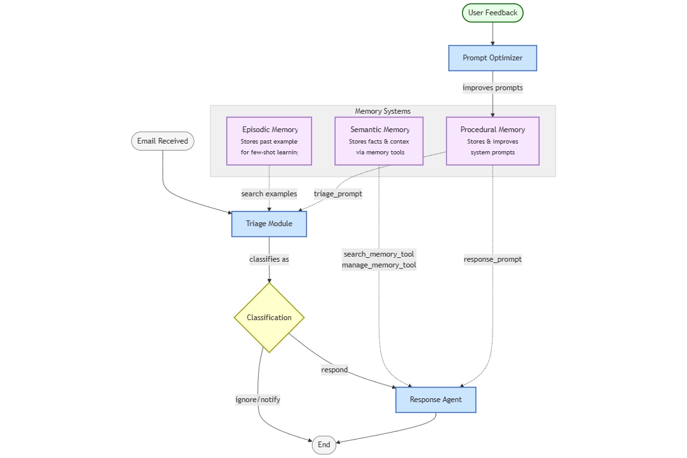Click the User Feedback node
click(x=493, y=13)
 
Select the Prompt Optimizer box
click(x=493, y=58)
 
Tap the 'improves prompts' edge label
click(x=493, y=88)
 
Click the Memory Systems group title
click(x=383, y=111)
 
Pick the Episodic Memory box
click(x=269, y=141)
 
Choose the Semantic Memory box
click(x=379, y=141)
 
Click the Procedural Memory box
click(x=493, y=141)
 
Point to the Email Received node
click(x=163, y=141)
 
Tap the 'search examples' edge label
click(x=269, y=194)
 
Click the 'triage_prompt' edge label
click(x=338, y=194)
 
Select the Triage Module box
click(x=269, y=224)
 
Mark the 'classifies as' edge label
click(x=269, y=259)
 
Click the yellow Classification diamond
click(x=269, y=318)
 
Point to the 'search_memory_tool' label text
click(x=379, y=254)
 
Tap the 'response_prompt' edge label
click(x=493, y=259)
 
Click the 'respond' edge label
click(x=334, y=370)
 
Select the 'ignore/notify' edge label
click(x=257, y=400)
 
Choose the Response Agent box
click(x=435, y=400)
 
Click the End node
click(x=323, y=445)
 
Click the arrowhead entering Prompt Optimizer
click(x=493, y=43)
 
